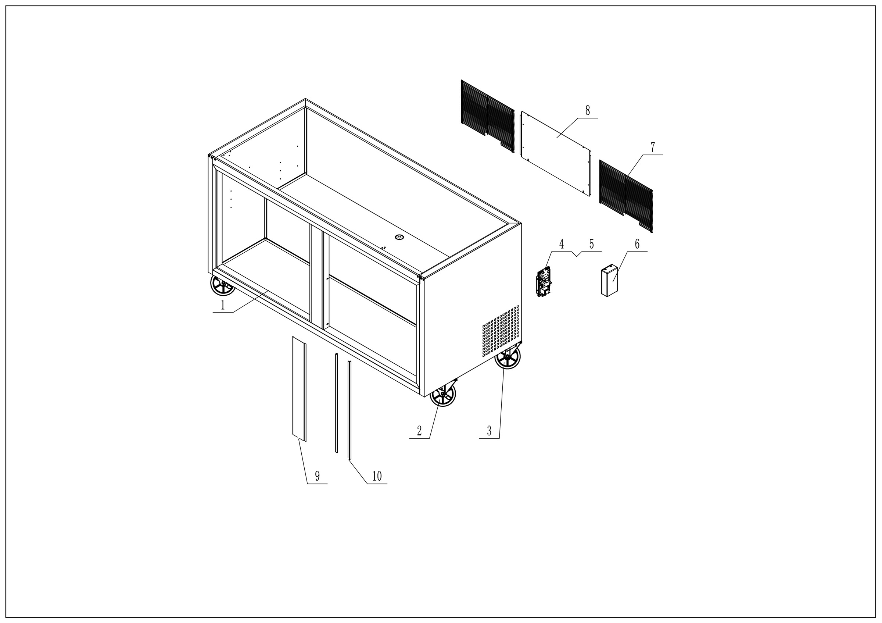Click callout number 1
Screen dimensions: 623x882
pyautogui.click(x=222, y=305)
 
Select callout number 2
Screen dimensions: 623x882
pyautogui.click(x=419, y=431)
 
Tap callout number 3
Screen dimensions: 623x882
pyautogui.click(x=489, y=431)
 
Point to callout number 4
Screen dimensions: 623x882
pyautogui.click(x=561, y=244)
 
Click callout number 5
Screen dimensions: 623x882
pyautogui.click(x=592, y=244)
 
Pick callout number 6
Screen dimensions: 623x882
pyautogui.click(x=637, y=244)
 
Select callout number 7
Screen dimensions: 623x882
pyautogui.click(x=653, y=147)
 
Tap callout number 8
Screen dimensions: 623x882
pyautogui.click(x=587, y=111)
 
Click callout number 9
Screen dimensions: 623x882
pyautogui.click(x=317, y=476)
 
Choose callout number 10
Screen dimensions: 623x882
pyautogui.click(x=377, y=476)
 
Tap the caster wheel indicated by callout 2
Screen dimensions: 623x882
pyautogui.click(x=442, y=395)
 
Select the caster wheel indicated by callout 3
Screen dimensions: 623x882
pyautogui.click(x=507, y=357)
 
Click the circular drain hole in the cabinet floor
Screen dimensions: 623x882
pyautogui.click(x=399, y=237)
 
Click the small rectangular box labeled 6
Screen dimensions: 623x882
pyautogui.click(x=609, y=281)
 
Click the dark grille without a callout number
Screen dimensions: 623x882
pyautogui.click(x=487, y=116)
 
